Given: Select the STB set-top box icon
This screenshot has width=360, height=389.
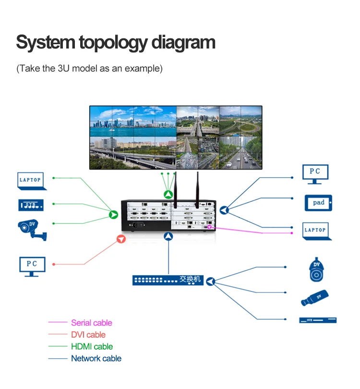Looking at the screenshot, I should (x=31, y=205).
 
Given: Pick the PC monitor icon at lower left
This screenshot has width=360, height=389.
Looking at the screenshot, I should (x=32, y=266).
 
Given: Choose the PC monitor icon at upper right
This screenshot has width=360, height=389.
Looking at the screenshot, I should (x=315, y=174).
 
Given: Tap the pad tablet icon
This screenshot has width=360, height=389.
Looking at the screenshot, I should (x=318, y=203).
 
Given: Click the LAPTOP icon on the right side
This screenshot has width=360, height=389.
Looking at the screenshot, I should (x=315, y=231).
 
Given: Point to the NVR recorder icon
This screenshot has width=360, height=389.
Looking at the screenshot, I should (x=318, y=320).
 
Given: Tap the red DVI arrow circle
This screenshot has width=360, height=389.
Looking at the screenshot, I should (x=121, y=238).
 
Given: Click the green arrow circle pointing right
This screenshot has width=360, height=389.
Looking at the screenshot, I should (x=114, y=215).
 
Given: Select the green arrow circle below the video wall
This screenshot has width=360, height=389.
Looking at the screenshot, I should (x=168, y=194).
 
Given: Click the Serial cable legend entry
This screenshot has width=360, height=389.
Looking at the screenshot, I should (x=91, y=323).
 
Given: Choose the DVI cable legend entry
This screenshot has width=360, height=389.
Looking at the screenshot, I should (x=88, y=335).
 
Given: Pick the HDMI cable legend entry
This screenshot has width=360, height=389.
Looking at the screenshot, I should (x=92, y=346).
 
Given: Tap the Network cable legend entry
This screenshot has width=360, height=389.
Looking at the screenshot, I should (x=96, y=358).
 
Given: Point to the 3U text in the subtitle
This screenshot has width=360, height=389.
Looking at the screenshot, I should (x=64, y=68).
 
